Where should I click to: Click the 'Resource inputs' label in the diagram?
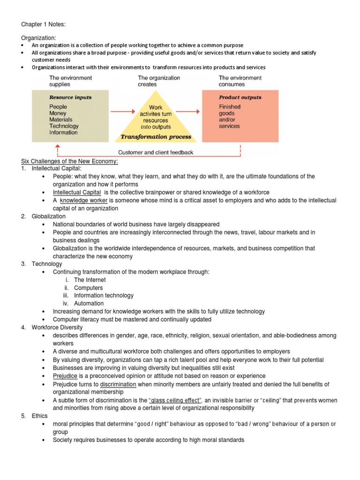pyautogui.click(x=70, y=97)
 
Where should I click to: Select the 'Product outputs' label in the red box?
pyautogui.click(x=240, y=97)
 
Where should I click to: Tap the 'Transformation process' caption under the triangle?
pyautogui.click(x=156, y=137)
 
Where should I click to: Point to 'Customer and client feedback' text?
pyautogui.click(x=156, y=152)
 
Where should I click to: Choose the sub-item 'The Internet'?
pyautogui.click(x=90, y=280)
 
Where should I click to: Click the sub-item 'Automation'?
pyautogui.click(x=89, y=303)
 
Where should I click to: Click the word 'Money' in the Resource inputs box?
pyautogui.click(x=58, y=113)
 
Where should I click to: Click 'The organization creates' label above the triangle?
pyautogui.click(x=159, y=81)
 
